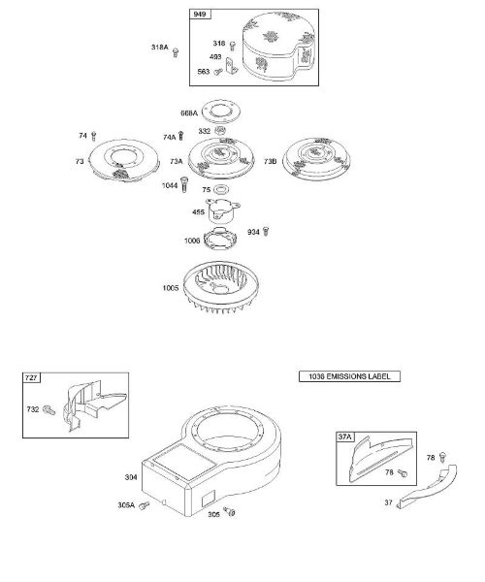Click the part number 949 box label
201,15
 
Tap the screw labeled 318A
176,52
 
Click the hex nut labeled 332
220,130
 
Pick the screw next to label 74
93,136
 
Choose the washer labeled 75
221,189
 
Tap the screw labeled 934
266,232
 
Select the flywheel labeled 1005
221,287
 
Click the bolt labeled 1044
184,184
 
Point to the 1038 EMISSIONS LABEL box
349,376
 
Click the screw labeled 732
48,410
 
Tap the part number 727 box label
32,378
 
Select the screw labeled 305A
144,505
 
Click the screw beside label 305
230,512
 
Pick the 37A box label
344,436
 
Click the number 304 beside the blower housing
131,477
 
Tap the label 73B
271,161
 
